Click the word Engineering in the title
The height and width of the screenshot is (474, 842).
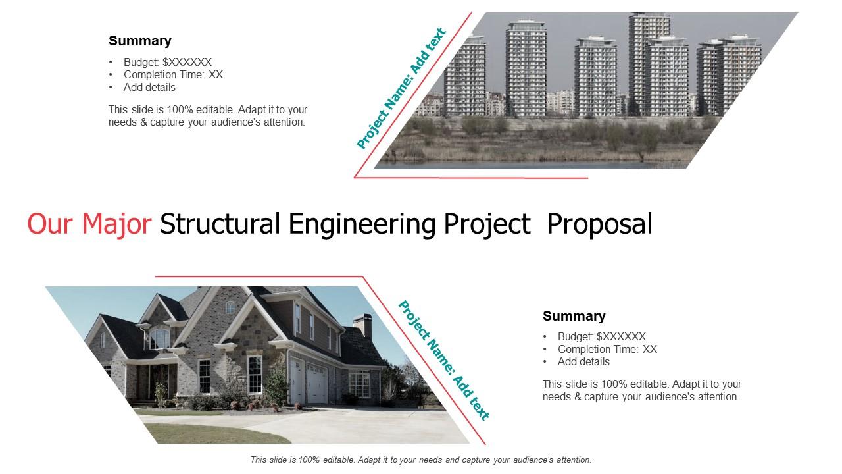(x=362, y=224)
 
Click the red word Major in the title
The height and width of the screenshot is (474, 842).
(x=116, y=224)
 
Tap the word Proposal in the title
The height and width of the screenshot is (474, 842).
(x=599, y=224)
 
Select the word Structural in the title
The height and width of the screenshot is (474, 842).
(x=220, y=224)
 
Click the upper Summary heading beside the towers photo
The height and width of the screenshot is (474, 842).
(x=140, y=41)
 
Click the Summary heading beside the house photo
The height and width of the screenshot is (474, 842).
(x=574, y=316)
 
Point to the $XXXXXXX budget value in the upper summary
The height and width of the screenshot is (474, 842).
(x=187, y=62)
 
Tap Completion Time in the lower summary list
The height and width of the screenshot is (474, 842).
(x=598, y=349)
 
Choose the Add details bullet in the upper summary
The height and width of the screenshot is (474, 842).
(x=149, y=88)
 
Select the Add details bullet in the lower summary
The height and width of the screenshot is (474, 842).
(x=583, y=362)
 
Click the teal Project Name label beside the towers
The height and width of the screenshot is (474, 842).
(x=401, y=88)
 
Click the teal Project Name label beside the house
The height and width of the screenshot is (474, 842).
(x=444, y=360)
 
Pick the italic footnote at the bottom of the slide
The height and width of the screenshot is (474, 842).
(x=421, y=460)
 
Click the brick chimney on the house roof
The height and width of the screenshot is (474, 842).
(x=363, y=326)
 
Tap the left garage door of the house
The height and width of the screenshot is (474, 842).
(x=297, y=381)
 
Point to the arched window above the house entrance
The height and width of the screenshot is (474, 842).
(x=160, y=338)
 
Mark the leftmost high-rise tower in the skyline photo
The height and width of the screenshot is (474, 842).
(x=465, y=75)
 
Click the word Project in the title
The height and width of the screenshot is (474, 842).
(x=487, y=224)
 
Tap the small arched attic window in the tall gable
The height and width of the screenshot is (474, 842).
(x=230, y=307)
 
